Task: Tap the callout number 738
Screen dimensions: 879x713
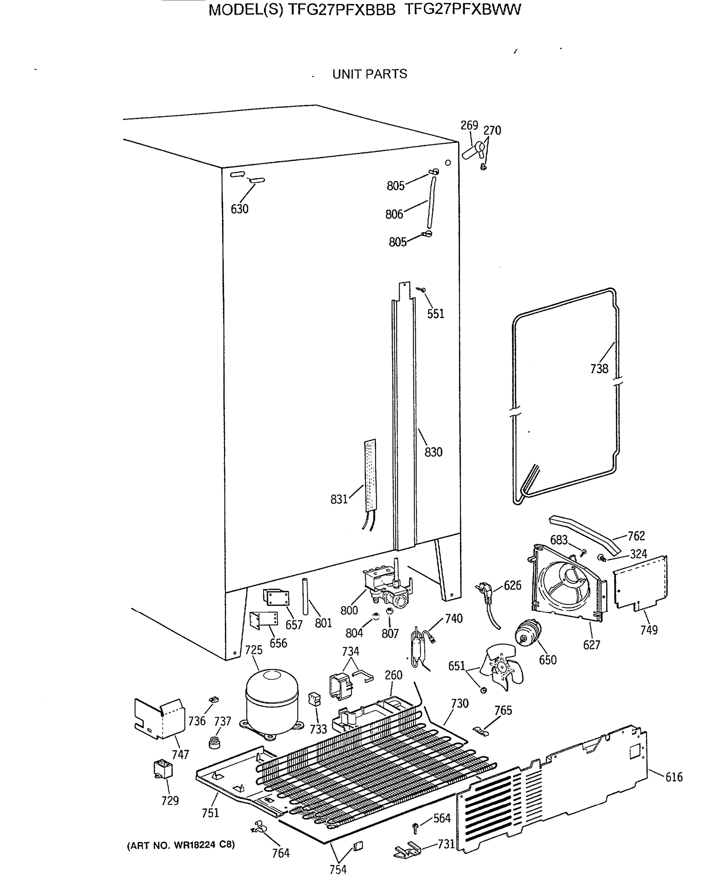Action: click(x=599, y=369)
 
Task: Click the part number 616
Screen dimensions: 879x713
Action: click(x=674, y=777)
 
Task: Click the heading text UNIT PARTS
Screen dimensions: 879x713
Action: click(x=369, y=74)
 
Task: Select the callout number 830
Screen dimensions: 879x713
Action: click(x=433, y=452)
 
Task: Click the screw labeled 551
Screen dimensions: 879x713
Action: click(x=422, y=290)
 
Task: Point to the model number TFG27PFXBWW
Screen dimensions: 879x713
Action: click(x=463, y=10)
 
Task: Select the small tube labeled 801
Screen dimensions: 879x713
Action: click(x=305, y=596)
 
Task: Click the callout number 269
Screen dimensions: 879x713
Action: click(x=469, y=125)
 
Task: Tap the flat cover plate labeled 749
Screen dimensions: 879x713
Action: click(x=641, y=582)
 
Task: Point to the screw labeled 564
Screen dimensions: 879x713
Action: click(x=416, y=827)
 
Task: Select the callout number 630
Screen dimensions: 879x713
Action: click(x=239, y=209)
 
